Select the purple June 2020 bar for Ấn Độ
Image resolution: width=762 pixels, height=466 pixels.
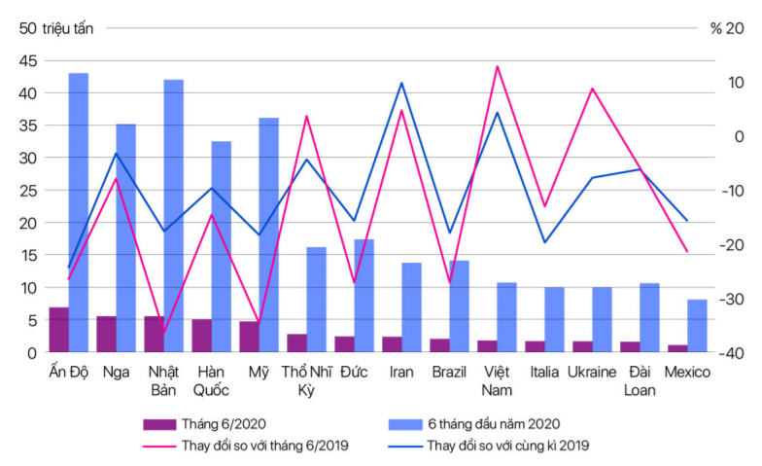[58, 330]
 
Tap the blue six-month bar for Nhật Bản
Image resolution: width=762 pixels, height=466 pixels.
[173, 214]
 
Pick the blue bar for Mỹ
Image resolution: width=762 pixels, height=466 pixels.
[268, 233]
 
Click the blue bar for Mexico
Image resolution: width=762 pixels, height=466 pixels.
[697, 326]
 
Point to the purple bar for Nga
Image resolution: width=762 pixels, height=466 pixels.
[106, 334]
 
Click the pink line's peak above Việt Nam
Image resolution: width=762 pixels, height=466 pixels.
[497, 66]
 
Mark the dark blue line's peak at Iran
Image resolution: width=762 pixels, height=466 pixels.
[401, 83]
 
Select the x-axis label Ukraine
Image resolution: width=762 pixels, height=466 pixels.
[591, 372]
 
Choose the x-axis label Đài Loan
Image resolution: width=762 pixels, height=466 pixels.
[640, 380]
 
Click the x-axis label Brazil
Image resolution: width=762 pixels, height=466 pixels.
[448, 372]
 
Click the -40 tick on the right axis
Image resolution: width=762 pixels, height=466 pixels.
[726, 352]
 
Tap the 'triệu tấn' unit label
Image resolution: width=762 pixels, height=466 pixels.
[68, 28]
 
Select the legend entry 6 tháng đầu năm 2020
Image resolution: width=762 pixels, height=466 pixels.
[493, 423]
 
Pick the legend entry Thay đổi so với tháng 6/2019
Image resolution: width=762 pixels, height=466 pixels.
[264, 446]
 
